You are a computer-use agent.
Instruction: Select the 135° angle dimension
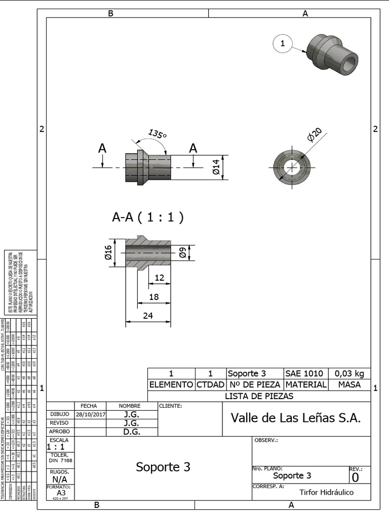coord(157,135)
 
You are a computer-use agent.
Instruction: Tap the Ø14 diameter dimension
coord(216,167)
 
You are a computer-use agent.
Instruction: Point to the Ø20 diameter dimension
coord(314,135)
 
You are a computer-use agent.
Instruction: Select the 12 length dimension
coord(160,278)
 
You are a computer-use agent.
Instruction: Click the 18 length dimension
coord(154,297)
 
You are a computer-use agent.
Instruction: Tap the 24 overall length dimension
coord(148,315)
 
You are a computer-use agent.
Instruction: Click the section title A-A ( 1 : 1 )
coord(147,218)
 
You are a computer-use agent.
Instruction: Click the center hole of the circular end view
coord(292,167)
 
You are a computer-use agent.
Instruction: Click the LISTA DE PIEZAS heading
coord(259,396)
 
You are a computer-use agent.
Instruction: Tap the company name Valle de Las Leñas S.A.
coord(296,418)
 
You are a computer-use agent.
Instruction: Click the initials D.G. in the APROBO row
coord(132,432)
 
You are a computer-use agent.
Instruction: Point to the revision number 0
coord(355,477)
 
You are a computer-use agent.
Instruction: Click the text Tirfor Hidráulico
coord(326,492)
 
